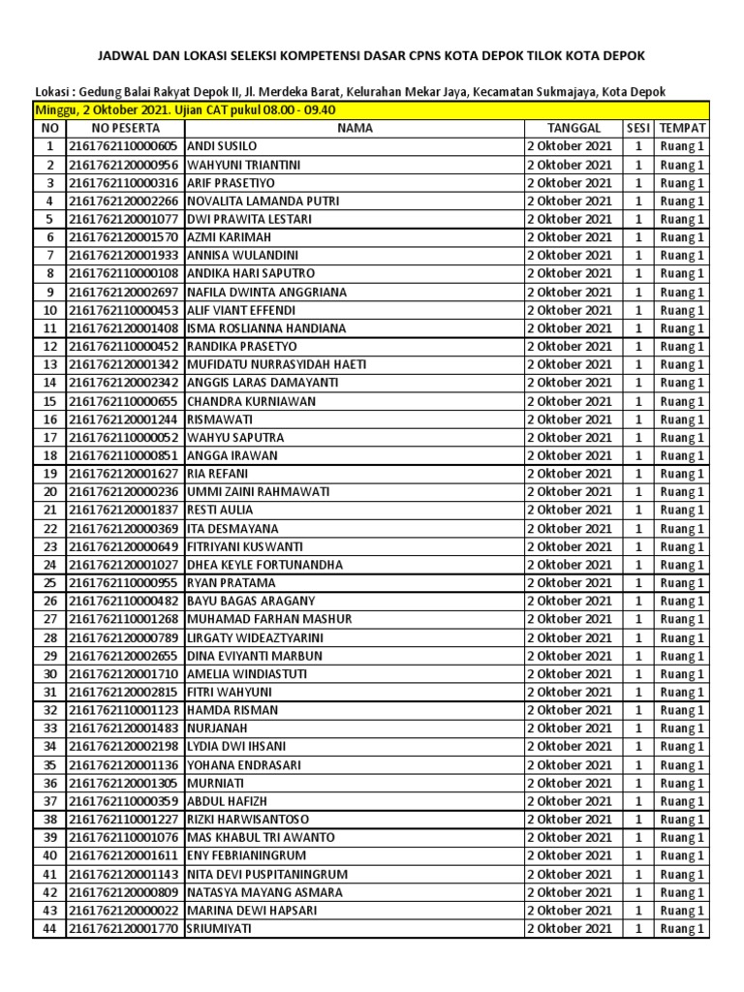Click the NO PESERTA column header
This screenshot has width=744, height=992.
pyautogui.click(x=123, y=128)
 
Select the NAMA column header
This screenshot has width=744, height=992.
pyautogui.click(x=353, y=128)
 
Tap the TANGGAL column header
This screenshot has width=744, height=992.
pyautogui.click(x=573, y=128)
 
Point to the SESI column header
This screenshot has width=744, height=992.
pyautogui.click(x=637, y=128)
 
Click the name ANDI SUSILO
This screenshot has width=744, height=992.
pyautogui.click(x=222, y=146)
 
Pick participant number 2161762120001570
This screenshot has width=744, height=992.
pyautogui.click(x=123, y=237)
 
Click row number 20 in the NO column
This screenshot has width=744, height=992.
pyautogui.click(x=50, y=492)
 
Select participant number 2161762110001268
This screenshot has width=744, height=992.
pyautogui.click(x=123, y=619)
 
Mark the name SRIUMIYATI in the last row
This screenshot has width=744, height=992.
pyautogui.click(x=217, y=929)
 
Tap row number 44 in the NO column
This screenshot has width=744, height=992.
pyautogui.click(x=50, y=929)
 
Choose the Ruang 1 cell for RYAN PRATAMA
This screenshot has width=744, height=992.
pyautogui.click(x=682, y=583)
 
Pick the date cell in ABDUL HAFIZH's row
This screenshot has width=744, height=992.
pyautogui.click(x=569, y=801)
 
